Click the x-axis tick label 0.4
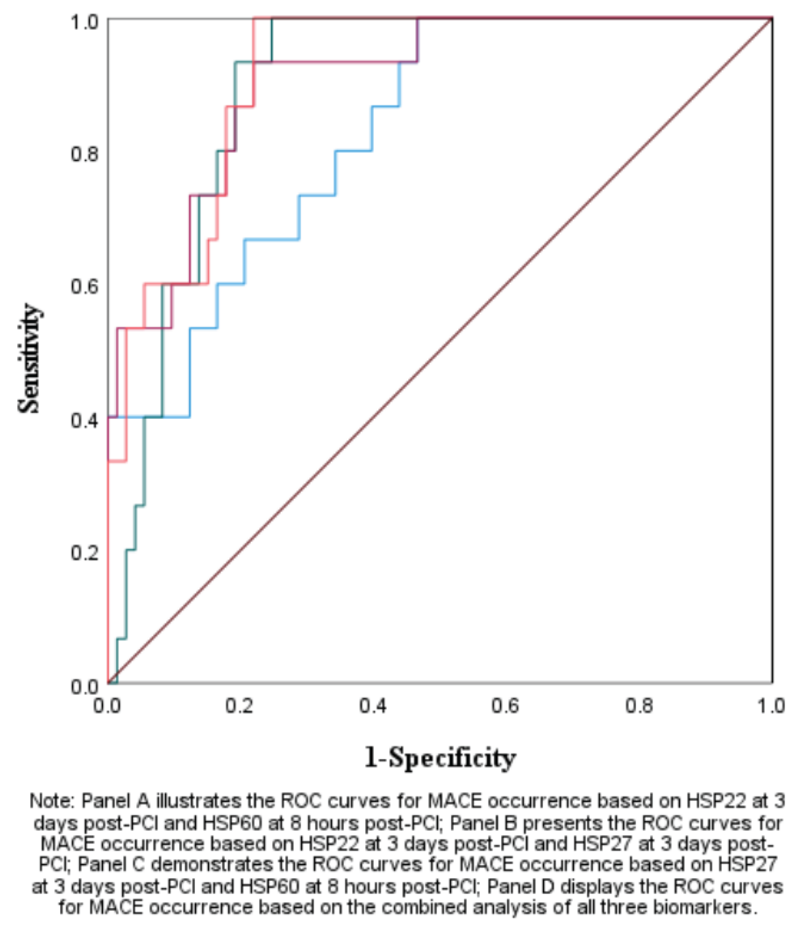pos(373,706)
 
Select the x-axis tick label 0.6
pos(506,706)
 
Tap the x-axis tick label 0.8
pos(639,706)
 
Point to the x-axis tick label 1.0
pos(771,706)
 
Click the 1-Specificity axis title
pos(439,758)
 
